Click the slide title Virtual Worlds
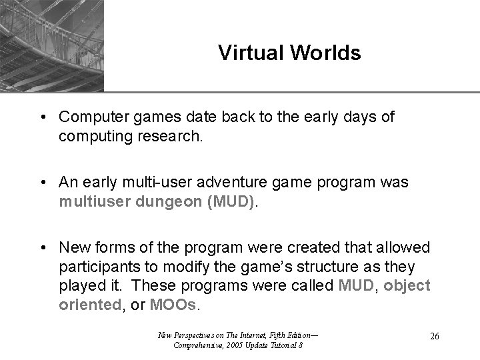pyautogui.click(x=289, y=53)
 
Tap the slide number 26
pyautogui.click(x=434, y=336)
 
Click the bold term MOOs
pyautogui.click(x=175, y=305)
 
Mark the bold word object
pyautogui.click(x=408, y=286)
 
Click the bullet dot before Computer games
pyautogui.click(x=42, y=118)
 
